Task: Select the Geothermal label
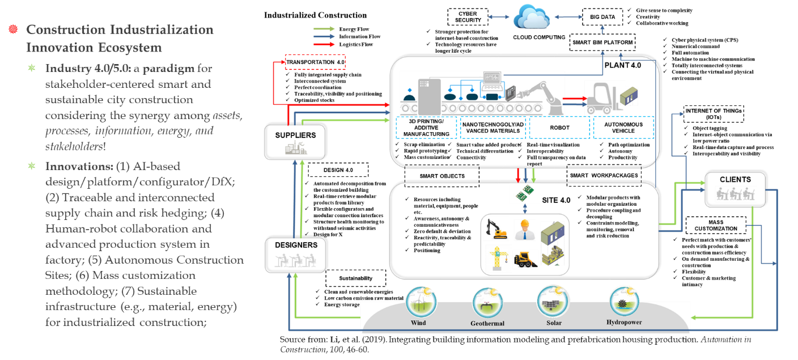pyautogui.click(x=487, y=324)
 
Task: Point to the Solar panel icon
pyautogui.click(x=553, y=301)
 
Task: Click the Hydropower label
pyautogui.click(x=623, y=323)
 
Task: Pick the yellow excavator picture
pyautogui.click(x=496, y=230)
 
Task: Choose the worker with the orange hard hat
pyautogui.click(x=524, y=230)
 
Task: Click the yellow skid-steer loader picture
pyautogui.click(x=525, y=259)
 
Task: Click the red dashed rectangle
pyautogui.click(x=315, y=61)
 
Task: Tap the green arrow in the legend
pyautogui.click(x=324, y=28)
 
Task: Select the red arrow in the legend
pyautogui.click(x=324, y=44)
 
